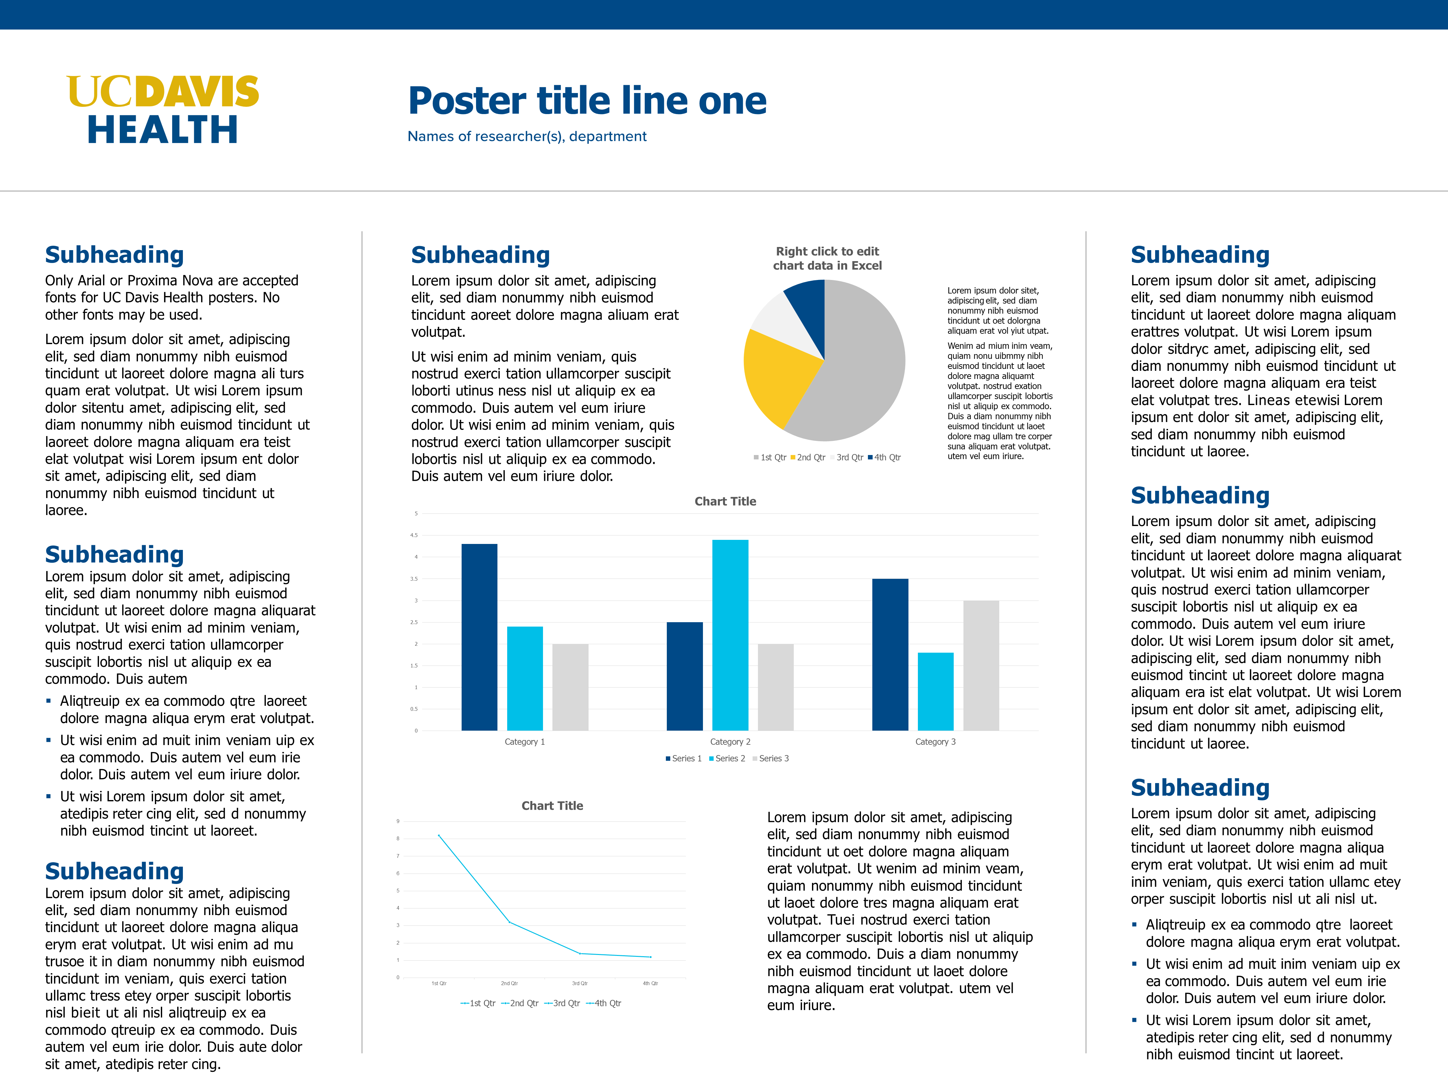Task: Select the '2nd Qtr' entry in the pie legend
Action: (x=810, y=458)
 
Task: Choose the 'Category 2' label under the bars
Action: (x=730, y=742)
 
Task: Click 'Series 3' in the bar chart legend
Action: (x=773, y=758)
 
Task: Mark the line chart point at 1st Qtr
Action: (x=439, y=835)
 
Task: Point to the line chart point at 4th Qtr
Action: (x=650, y=957)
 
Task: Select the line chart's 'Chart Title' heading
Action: (x=552, y=806)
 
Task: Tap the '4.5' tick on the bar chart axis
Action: (x=414, y=535)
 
